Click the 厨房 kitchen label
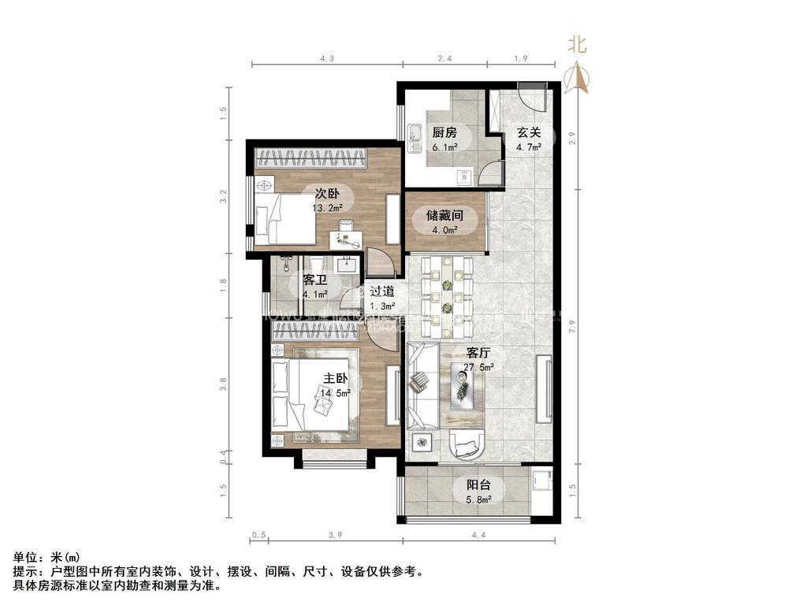444,132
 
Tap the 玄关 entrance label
528,132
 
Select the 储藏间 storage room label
444,214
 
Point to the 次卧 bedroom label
327,194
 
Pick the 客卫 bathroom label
314,280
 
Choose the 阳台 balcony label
478,485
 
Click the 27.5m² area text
478,367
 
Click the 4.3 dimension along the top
327,58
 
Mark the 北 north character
578,46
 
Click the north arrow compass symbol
578,76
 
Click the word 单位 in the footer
24,557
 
